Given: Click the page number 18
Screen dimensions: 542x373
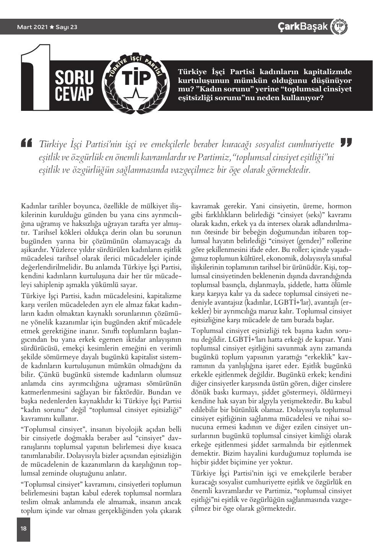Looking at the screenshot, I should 24,528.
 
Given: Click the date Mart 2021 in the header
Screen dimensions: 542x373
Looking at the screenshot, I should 33,27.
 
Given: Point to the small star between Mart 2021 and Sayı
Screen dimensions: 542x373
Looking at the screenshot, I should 52,27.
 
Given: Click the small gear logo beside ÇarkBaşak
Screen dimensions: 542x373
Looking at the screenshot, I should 339,26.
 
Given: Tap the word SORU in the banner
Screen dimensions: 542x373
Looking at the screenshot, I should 74,78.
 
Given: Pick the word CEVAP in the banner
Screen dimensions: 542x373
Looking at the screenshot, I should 74,94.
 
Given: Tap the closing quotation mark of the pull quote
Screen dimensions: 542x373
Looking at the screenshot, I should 346,143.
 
